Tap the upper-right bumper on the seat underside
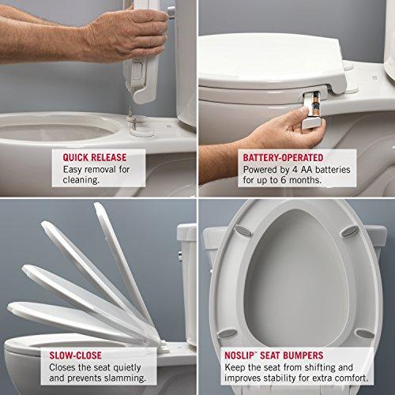tap(348, 231)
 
